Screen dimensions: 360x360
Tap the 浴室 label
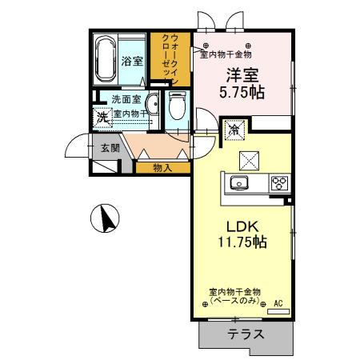coord(131,61)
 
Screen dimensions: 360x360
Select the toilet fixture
coord(177,106)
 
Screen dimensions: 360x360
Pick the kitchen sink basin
coord(240,183)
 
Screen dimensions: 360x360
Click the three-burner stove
coord(279,182)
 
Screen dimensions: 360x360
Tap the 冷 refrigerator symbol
coord(236,128)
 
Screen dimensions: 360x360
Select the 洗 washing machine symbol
coord(102,118)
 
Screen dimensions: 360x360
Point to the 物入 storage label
coord(162,167)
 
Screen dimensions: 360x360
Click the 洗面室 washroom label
coord(126,99)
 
